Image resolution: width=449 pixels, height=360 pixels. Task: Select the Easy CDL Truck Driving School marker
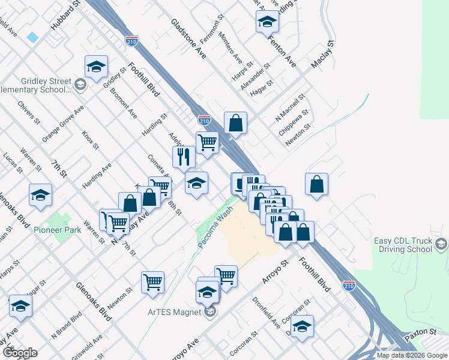[x=442, y=244]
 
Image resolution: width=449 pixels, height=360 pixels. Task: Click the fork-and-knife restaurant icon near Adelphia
[x=184, y=157]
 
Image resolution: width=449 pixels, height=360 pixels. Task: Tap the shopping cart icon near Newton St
[x=153, y=281]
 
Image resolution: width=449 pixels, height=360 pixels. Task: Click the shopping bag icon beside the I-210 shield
[x=237, y=122]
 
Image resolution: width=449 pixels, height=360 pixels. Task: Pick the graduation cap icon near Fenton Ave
[x=267, y=23]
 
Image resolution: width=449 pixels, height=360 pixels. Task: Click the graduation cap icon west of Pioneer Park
[x=40, y=195]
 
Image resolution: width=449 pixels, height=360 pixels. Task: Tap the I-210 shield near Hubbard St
[x=133, y=41]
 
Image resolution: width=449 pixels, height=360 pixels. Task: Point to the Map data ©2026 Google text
[x=411, y=355]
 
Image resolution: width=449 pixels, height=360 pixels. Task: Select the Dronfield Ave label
[x=266, y=314]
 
